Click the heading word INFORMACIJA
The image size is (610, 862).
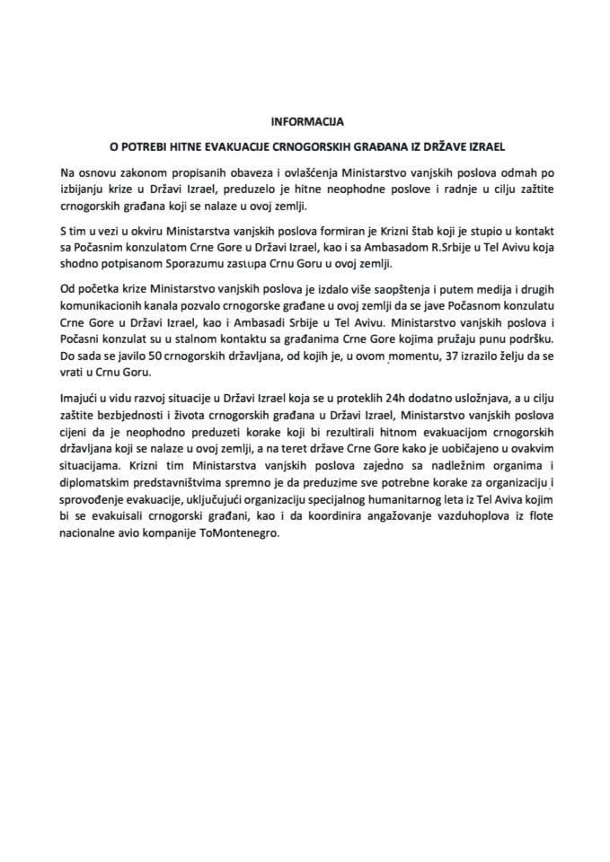point(307,119)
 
